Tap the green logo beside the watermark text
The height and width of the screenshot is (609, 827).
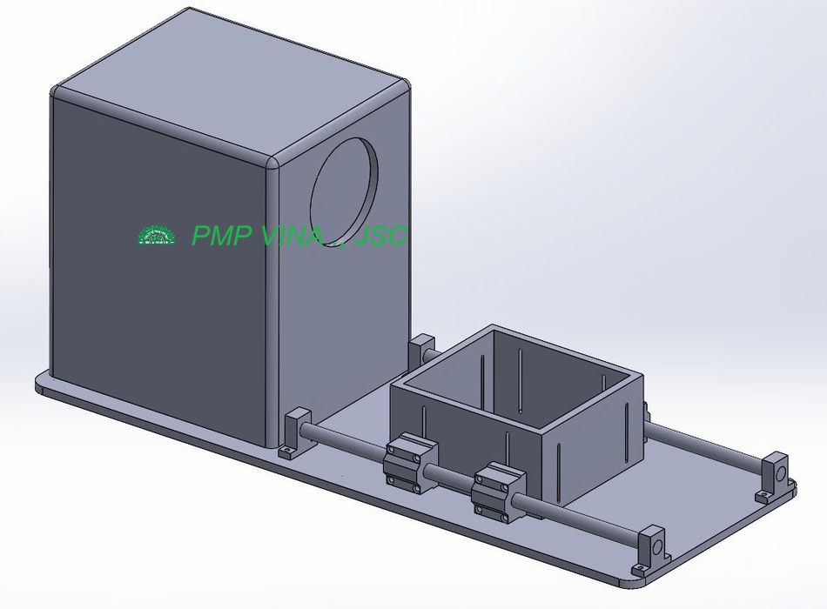(157, 235)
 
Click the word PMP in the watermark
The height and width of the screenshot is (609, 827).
(221, 235)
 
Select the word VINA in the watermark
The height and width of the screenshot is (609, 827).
(292, 235)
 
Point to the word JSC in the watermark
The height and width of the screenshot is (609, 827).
(380, 235)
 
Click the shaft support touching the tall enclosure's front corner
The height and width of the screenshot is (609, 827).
(296, 433)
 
